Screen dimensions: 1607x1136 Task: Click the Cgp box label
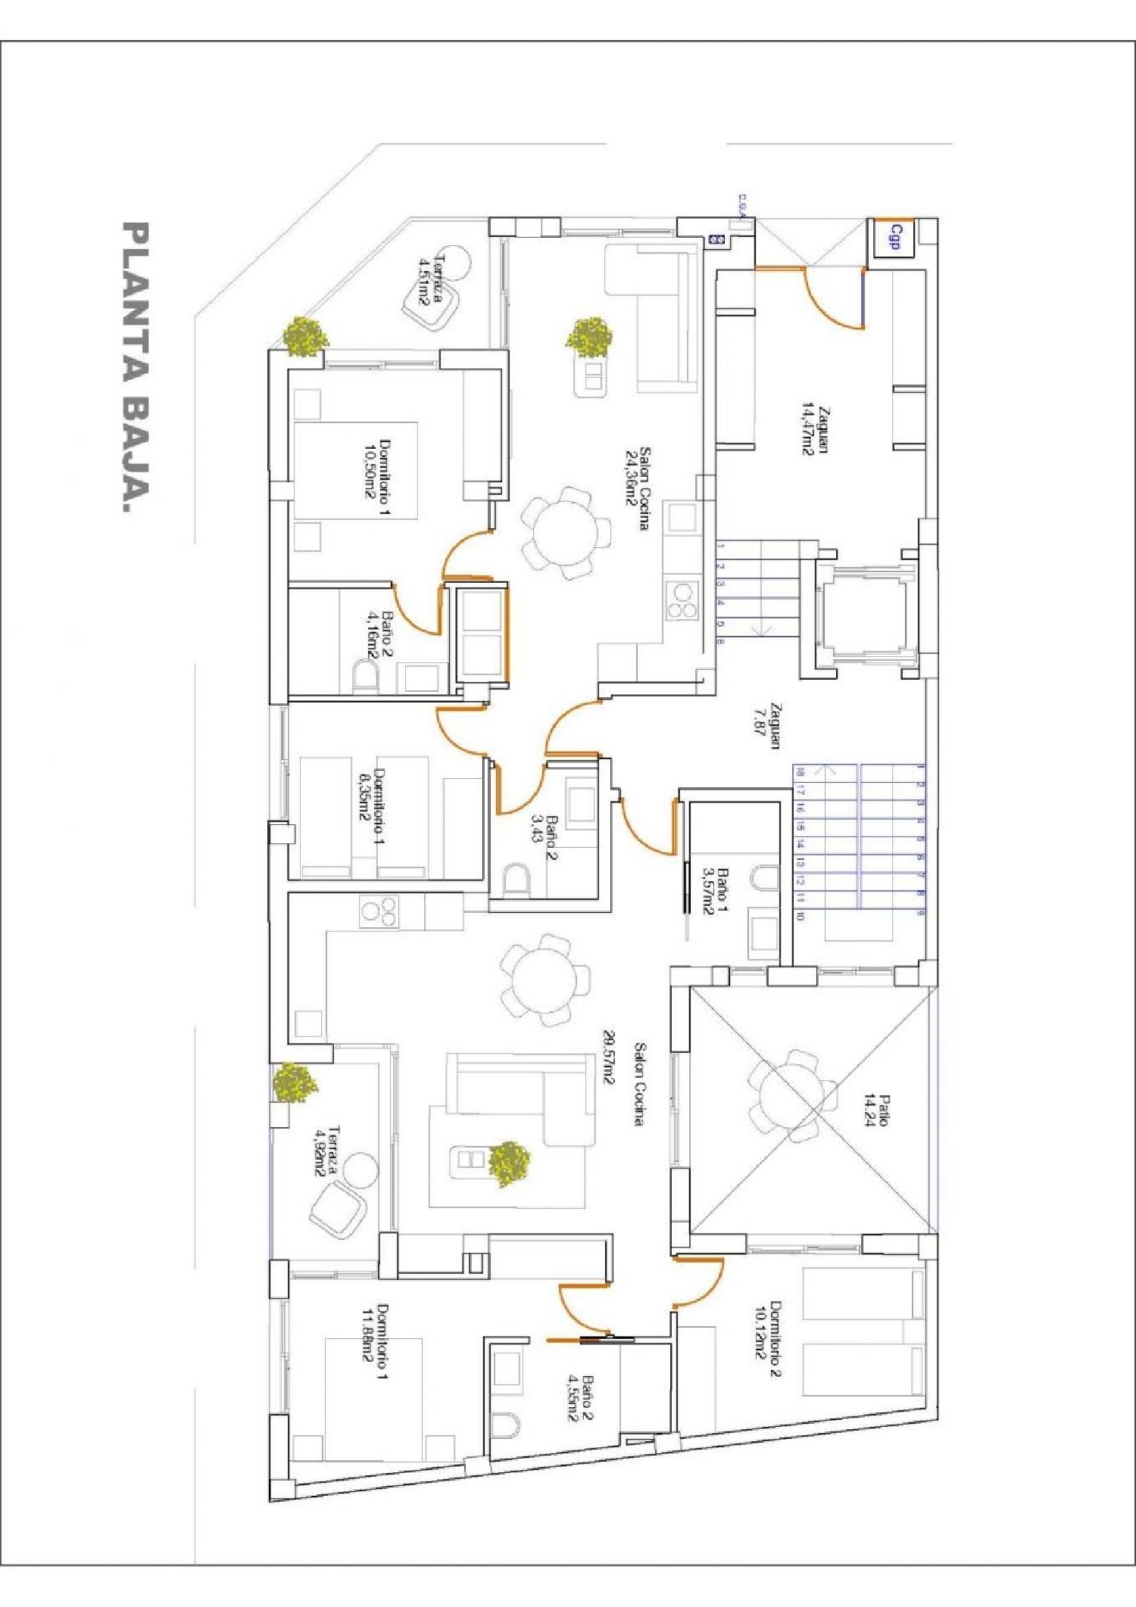click(894, 237)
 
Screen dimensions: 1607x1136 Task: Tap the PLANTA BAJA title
click(136, 368)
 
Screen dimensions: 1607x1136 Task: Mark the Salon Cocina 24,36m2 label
click(638, 487)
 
